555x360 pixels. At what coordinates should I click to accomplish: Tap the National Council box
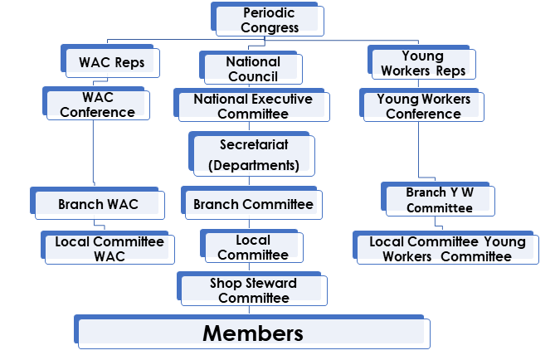point(253,68)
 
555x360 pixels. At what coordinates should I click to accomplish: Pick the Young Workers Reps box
point(423,64)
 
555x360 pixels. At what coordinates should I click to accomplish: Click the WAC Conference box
point(98,105)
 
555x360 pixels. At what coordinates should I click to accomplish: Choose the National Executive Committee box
point(253,105)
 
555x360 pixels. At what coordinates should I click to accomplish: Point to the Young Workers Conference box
point(423,105)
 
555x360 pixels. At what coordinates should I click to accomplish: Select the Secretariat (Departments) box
point(254,155)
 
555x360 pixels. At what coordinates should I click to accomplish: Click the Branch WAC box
point(98,204)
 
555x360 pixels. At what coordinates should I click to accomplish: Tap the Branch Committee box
point(253,204)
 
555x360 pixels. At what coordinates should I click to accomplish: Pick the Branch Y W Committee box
point(439,200)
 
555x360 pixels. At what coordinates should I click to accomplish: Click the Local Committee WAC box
point(110,249)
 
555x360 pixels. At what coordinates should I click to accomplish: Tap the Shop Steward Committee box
point(254,290)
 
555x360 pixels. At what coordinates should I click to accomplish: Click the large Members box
point(253,333)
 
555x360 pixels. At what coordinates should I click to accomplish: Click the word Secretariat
point(254,145)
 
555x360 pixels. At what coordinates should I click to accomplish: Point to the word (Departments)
point(254,165)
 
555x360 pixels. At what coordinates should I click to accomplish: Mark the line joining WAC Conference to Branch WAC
point(94,153)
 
